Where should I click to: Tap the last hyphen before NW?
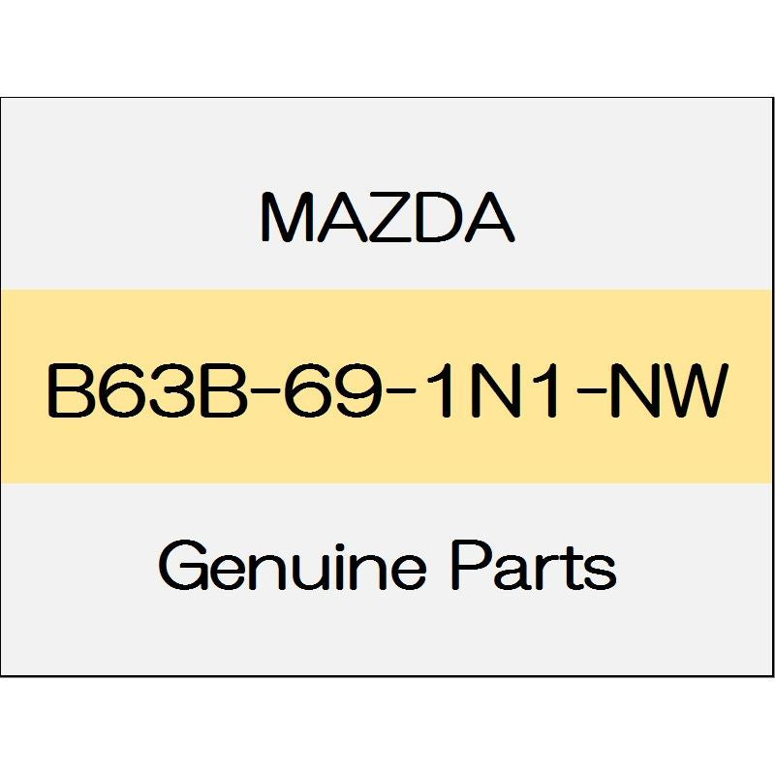pyautogui.click(x=585, y=396)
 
